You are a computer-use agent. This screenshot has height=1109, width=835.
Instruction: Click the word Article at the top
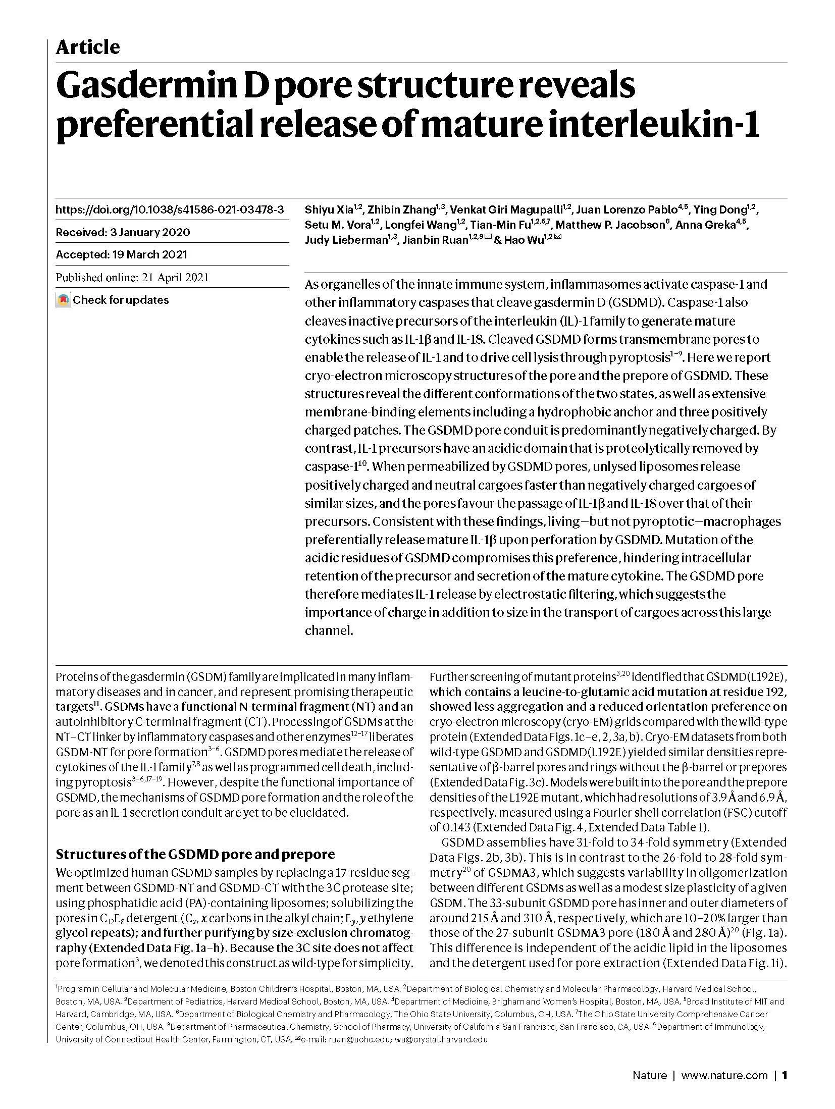87,47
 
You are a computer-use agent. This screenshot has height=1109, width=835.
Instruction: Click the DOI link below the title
169,209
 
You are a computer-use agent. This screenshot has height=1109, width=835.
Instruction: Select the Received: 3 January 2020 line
123,232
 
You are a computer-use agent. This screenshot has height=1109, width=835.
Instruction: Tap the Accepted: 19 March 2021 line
121,254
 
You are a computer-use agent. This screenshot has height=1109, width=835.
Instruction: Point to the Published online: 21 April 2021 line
132,277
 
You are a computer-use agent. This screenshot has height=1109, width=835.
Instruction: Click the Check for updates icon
63,300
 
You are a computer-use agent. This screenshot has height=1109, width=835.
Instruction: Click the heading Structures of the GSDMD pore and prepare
195,854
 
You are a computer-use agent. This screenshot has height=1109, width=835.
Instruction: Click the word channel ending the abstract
328,630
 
